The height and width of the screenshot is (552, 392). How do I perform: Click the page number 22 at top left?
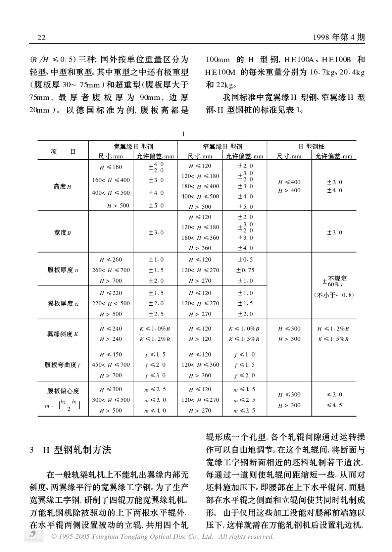(x=41, y=38)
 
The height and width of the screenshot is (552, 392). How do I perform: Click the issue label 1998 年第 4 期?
(x=339, y=38)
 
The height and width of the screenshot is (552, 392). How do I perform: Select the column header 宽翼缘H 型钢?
(x=133, y=146)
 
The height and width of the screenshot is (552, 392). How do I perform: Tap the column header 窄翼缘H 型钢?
(x=222, y=146)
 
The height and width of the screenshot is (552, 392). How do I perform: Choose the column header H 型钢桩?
(x=312, y=146)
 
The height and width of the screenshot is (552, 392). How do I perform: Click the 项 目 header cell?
(x=63, y=151)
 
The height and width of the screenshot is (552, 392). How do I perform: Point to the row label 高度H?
(x=63, y=186)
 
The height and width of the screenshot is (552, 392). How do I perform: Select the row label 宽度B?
(x=63, y=233)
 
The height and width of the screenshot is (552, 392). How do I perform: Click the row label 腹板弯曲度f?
(x=63, y=365)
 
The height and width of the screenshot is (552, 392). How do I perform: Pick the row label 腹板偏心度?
(x=63, y=391)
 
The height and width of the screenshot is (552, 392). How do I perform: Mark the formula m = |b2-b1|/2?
(x=63, y=406)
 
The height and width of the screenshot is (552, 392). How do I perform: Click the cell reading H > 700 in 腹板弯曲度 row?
(x=111, y=375)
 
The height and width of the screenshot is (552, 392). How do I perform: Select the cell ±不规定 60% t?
(x=334, y=281)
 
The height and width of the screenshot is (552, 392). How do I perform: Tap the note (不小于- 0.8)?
(x=334, y=295)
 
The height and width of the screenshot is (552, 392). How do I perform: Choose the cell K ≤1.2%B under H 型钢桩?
(x=333, y=329)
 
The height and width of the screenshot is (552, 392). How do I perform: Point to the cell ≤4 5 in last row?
(x=334, y=405)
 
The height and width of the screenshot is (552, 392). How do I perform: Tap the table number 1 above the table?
(x=184, y=134)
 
